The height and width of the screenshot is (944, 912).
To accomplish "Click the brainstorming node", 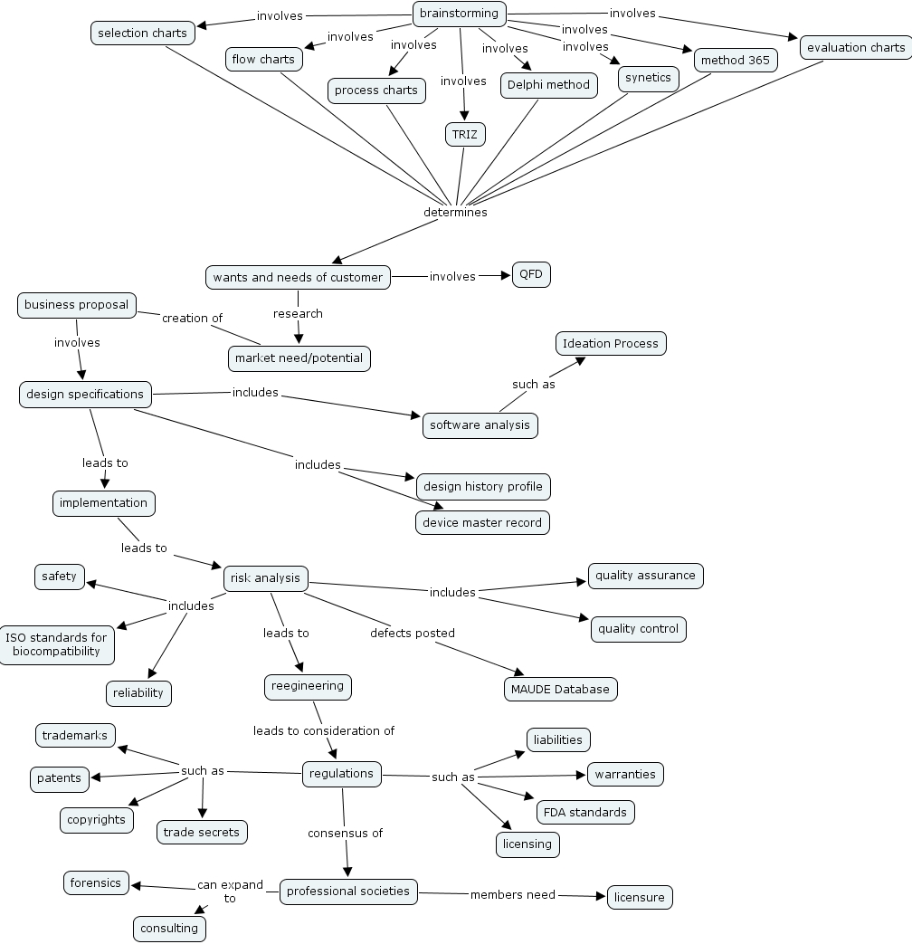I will coord(459,14).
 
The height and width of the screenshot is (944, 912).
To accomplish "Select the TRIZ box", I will coord(465,135).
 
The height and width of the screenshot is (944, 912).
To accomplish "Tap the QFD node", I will coord(531,274).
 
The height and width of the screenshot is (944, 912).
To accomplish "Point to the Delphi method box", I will coord(548,85).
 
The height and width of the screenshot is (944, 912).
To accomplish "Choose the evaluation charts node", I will coord(855,47).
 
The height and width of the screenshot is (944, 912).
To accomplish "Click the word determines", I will coord(455,213).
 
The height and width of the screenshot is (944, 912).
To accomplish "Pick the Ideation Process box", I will coord(611,344).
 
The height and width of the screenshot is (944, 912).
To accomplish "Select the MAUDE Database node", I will coord(560,689).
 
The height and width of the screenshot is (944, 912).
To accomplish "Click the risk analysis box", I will coord(265,578).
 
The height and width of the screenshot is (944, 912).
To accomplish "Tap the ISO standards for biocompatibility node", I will coord(56,644).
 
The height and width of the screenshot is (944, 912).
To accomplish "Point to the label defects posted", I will coord(412,633).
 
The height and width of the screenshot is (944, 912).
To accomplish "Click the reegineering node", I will coord(308,686).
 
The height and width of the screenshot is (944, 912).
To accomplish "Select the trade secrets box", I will coord(201,832).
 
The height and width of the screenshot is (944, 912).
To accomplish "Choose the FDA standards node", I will coord(585,812).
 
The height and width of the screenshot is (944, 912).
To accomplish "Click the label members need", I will coord(512,895).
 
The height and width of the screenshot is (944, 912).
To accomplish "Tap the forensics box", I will coord(96,882).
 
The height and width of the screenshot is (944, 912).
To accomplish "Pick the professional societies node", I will coord(348,892).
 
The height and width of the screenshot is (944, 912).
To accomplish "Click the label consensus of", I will coord(345,833).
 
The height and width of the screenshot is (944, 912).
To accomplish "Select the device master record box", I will coord(482,522).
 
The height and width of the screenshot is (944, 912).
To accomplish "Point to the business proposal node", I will coord(76,305).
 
